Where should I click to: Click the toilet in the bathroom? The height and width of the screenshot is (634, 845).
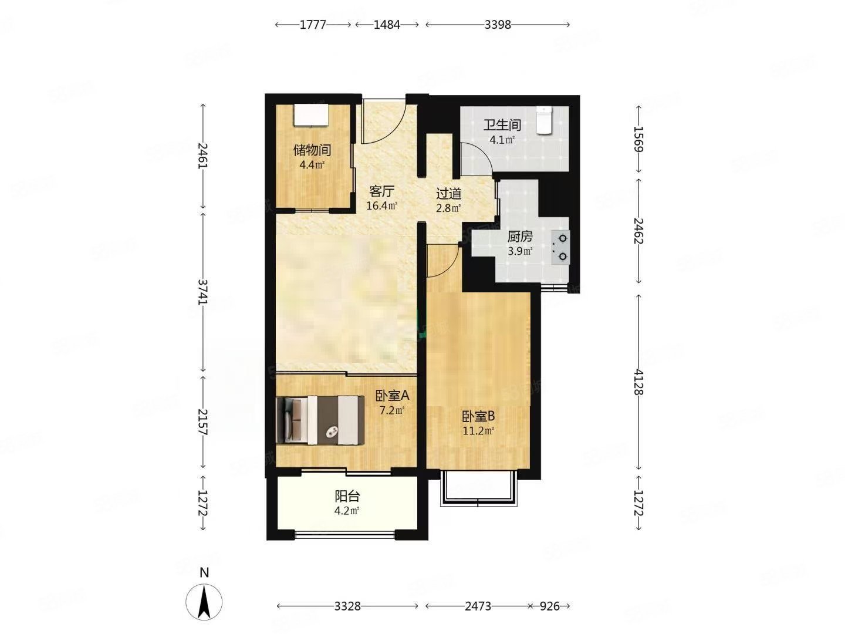pos(545,120)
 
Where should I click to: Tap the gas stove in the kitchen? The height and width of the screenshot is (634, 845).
pos(560,247)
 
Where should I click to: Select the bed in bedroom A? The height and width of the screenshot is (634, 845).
pos(320,420)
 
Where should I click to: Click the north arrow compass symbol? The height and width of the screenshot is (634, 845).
pos(204,601)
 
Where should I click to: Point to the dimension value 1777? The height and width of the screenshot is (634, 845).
pos(313,25)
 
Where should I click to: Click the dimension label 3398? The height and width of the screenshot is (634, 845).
pos(498,25)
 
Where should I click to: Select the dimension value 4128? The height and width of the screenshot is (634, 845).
pos(638,382)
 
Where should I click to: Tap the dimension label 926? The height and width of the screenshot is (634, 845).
pos(549,606)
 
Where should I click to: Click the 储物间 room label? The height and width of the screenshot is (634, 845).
pos(312,150)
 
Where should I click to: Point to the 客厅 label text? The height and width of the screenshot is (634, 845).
pos(382,191)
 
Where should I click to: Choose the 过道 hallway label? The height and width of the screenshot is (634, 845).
pos(449,193)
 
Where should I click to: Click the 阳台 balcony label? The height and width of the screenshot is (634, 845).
pos(347,496)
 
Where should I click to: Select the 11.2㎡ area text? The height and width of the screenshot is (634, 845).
pos(478,430)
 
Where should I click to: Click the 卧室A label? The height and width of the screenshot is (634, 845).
pos(393,395)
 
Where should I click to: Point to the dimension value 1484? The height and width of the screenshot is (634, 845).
pos(387,25)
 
